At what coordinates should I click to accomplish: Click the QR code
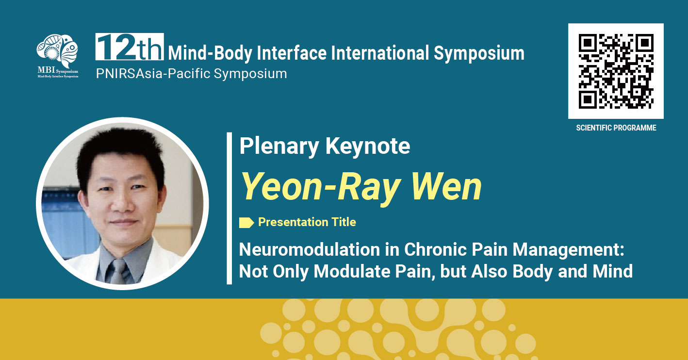616,71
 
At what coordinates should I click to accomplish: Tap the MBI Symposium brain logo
57,56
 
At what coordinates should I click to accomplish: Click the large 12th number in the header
130,47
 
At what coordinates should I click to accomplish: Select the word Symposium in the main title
479,53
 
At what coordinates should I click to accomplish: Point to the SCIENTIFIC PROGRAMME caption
616,128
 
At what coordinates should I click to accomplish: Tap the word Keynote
368,146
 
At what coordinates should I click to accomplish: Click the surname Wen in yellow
446,186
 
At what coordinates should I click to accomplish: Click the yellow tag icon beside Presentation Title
246,222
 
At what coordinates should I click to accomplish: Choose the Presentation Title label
307,222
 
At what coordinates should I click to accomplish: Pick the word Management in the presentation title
568,250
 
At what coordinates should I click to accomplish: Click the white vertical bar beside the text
229,209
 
